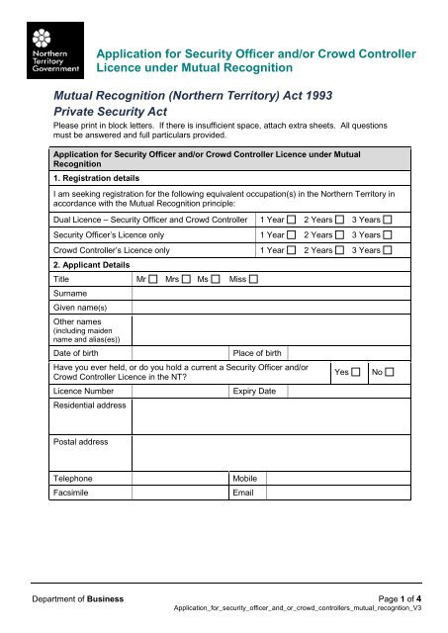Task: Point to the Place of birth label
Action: pyautogui.click(x=256, y=352)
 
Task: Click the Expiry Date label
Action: pyautogui.click(x=252, y=392)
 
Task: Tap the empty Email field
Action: pyautogui.click(x=335, y=493)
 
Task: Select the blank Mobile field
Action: pyautogui.click(x=335, y=476)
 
